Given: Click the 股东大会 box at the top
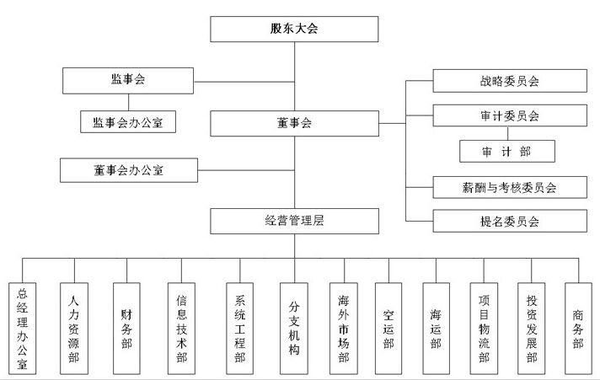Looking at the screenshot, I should [293, 29].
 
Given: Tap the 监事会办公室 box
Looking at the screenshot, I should [133, 122].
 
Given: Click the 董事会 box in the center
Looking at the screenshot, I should [293, 123].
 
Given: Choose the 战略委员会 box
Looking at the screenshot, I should [509, 81].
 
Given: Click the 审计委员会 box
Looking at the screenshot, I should [509, 115].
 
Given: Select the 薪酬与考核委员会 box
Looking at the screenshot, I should [509, 187].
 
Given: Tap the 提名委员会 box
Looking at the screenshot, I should [509, 222].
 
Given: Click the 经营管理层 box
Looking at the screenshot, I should [293, 222].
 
